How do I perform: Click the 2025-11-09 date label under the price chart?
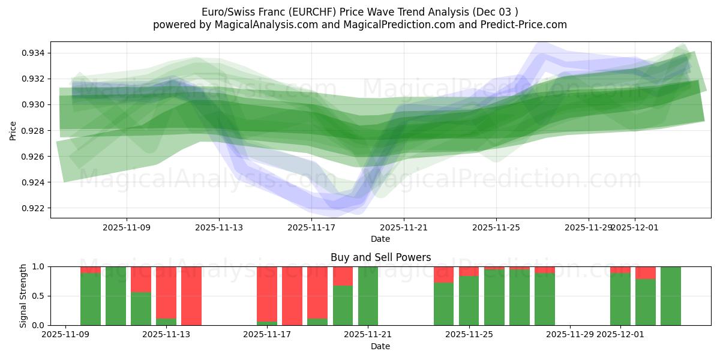(x=127, y=227)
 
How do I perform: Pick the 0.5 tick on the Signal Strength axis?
(x=38, y=296)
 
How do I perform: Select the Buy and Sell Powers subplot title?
(x=380, y=257)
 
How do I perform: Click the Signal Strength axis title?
(x=23, y=296)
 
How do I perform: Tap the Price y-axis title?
(x=13, y=130)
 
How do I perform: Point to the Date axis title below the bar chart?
(x=380, y=346)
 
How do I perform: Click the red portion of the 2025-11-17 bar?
(x=267, y=294)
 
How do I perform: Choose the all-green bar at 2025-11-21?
(x=368, y=296)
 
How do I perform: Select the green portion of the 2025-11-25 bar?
(x=469, y=300)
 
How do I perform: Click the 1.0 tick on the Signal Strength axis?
(x=38, y=266)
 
